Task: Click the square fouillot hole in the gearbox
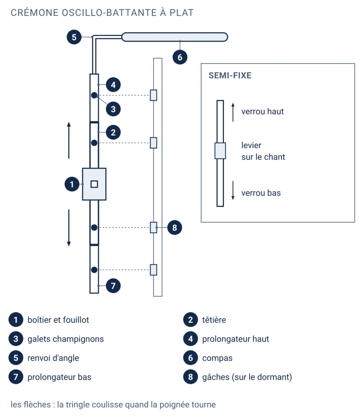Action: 94,184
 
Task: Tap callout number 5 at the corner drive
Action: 74,37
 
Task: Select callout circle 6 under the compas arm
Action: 180,57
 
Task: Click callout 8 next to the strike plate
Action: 174,228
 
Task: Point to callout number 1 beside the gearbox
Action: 72,184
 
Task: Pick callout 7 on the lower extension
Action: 113,286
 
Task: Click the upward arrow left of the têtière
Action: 69,140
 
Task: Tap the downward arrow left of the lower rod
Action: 69,228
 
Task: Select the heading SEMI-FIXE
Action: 230,76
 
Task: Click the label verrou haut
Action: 263,111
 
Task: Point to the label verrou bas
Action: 261,193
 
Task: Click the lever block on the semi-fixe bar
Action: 220,151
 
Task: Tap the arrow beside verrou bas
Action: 233,190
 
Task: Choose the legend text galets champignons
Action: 66,339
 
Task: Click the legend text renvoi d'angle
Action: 54,358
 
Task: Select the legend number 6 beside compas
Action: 190,358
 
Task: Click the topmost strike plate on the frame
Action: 154,95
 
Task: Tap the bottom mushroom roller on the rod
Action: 94,270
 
